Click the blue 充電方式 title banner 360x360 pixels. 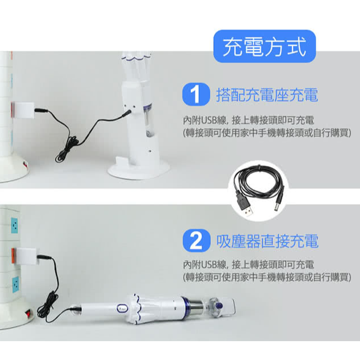point(265,46)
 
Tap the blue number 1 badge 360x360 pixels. point(196,94)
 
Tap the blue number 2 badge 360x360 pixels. point(196,241)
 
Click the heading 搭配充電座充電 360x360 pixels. point(267,95)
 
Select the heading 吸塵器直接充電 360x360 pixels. point(267,241)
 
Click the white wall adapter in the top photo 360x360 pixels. point(24,110)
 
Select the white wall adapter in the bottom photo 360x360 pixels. point(27,257)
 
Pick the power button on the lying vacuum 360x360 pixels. point(122,307)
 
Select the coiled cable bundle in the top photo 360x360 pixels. point(67,149)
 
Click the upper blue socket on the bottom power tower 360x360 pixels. point(14,226)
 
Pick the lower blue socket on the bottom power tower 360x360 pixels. point(15,284)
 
